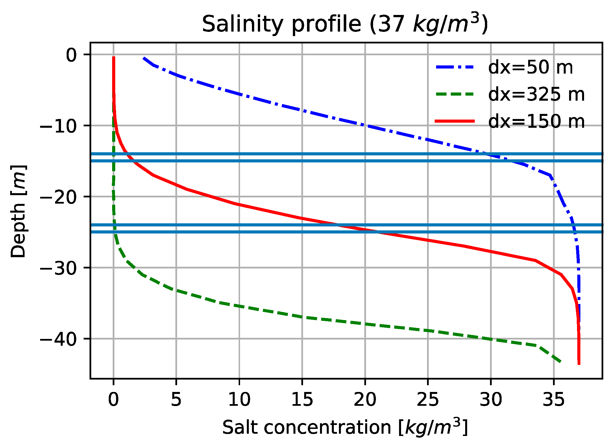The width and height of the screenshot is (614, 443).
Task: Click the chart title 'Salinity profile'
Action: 345,24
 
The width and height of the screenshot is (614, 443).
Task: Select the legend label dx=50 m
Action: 531,67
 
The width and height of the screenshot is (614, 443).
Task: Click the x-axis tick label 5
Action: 176,400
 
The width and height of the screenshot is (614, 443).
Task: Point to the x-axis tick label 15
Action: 302,400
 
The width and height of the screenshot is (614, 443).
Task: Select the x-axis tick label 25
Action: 428,400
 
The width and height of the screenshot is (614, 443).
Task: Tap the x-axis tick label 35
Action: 554,400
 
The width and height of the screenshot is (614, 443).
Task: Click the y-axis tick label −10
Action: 58,126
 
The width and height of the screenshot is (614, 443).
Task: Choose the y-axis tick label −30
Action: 58,268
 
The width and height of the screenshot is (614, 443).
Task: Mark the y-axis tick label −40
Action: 58,339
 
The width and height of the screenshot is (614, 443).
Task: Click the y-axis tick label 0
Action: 71,55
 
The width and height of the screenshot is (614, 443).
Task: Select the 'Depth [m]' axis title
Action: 18,211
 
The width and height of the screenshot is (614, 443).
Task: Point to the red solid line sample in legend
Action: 455,122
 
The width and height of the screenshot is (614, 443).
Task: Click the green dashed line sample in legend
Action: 455,94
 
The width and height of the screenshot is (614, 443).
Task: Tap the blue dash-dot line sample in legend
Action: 455,67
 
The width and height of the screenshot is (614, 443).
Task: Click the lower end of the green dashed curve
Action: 560,362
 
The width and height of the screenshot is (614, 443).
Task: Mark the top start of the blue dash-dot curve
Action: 144,58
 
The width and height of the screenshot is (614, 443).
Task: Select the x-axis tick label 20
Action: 365,400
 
